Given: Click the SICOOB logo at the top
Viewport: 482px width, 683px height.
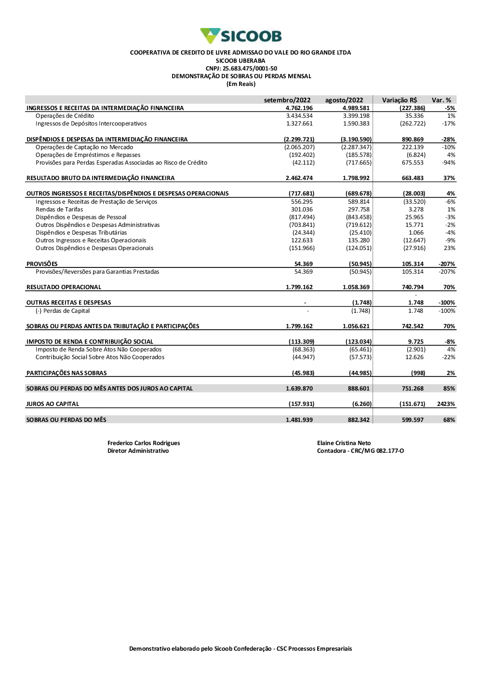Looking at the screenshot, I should pos(241,36).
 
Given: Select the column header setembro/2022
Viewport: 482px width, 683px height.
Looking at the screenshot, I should pos(287,100).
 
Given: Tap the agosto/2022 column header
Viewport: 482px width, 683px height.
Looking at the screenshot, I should pos(344,100).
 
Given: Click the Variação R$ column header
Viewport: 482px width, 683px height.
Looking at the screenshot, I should pos(400,100).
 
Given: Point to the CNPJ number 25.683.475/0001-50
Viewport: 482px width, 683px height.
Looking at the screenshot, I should pos(241,69).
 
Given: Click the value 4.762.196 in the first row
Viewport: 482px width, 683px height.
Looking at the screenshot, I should pos(299,108).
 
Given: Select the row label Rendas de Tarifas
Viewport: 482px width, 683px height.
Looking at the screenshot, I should pos(59,209).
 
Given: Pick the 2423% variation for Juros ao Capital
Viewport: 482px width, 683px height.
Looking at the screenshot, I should pos(446,404).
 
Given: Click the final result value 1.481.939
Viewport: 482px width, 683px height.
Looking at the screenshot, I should pos(299,420).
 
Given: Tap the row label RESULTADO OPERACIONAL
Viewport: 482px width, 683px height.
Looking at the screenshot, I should pos(64,287).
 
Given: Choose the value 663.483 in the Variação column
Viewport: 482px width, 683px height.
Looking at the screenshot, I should pos(413,178).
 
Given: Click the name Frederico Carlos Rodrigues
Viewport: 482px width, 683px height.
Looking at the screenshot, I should pos(144,443).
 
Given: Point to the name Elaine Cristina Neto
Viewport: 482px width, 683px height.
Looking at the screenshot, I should pos(344,443).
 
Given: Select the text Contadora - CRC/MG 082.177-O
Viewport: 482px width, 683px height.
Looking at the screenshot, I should pos(361,451).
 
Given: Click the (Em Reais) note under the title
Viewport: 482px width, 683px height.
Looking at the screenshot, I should pos(241,84).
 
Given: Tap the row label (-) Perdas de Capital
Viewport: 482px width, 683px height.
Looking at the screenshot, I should pos(63,311).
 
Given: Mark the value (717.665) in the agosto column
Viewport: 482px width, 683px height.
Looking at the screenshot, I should pos(359,163).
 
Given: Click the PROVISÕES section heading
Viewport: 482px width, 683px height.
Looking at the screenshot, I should pos(42,264).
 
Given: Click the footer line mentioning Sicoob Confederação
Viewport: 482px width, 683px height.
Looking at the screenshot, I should pos(241,649).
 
